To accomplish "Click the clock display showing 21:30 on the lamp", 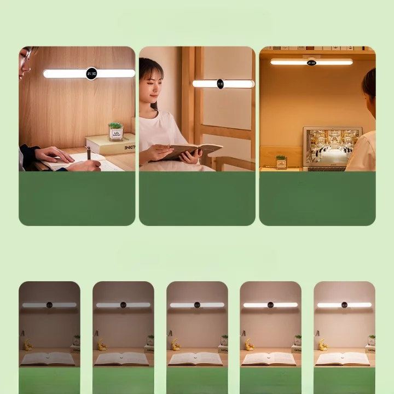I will click(91, 73).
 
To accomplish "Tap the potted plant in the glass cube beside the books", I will click(115, 131).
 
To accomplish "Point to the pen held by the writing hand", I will click(89, 153).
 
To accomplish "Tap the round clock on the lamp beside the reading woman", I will click(220, 84).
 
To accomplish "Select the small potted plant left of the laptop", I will click(281, 162).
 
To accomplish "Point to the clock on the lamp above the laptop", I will click(311, 62).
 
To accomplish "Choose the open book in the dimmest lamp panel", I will click(48, 358).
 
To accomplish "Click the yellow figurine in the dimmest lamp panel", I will click(27, 345).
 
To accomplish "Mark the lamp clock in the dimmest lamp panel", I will click(49, 305).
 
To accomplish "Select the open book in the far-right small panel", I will click(343, 358).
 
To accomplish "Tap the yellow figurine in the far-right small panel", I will click(322, 345).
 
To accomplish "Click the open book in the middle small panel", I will click(195, 358).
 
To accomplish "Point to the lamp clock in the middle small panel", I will click(197, 305).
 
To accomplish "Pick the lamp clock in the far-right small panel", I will click(344, 305).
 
